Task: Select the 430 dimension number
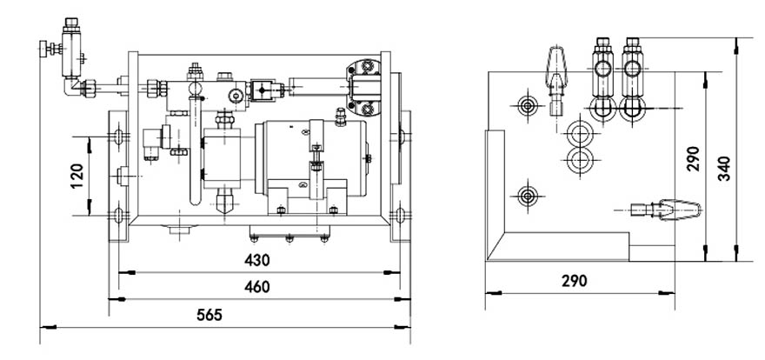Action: tap(256, 259)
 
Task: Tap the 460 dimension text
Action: tap(256, 286)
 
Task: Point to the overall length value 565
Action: tap(209, 314)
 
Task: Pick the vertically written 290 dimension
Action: tap(693, 158)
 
